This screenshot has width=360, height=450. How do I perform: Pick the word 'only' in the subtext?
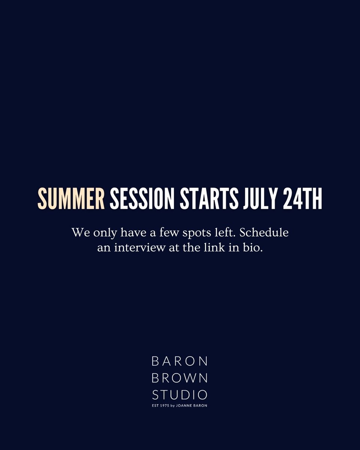(105, 233)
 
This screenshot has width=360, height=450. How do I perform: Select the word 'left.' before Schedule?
(226, 232)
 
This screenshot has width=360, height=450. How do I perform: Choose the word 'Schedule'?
(264, 232)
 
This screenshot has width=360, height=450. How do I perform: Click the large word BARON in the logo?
(180, 361)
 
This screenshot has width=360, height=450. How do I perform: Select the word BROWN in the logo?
(180, 378)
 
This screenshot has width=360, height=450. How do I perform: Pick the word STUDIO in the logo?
(180, 394)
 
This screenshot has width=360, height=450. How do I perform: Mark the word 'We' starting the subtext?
(80, 232)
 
